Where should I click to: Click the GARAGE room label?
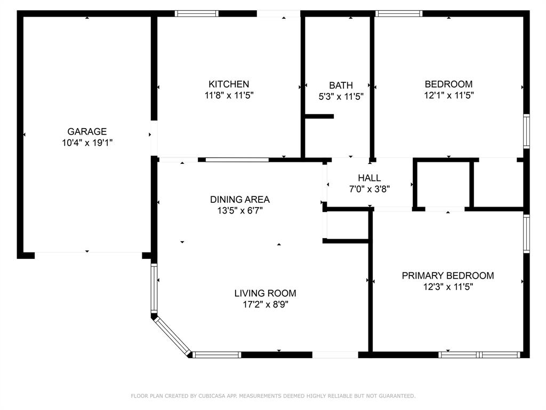click(87, 131)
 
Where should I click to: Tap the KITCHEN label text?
click(228, 84)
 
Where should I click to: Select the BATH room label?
click(341, 85)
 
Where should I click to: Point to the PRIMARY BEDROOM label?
click(447, 275)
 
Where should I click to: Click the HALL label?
click(369, 178)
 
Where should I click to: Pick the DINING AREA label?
click(239, 200)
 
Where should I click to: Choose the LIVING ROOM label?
click(265, 293)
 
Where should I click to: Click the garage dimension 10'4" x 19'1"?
click(87, 143)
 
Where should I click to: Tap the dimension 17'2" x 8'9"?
click(265, 304)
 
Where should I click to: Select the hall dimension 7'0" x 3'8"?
click(369, 189)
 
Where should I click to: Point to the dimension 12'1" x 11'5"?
click(448, 96)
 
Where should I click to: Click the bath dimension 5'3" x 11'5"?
click(341, 97)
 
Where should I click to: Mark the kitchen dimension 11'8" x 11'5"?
click(228, 96)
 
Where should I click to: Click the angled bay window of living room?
click(172, 335)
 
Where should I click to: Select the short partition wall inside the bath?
click(319, 116)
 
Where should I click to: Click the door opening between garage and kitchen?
click(154, 138)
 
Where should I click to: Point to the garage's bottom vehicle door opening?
click(88, 254)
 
